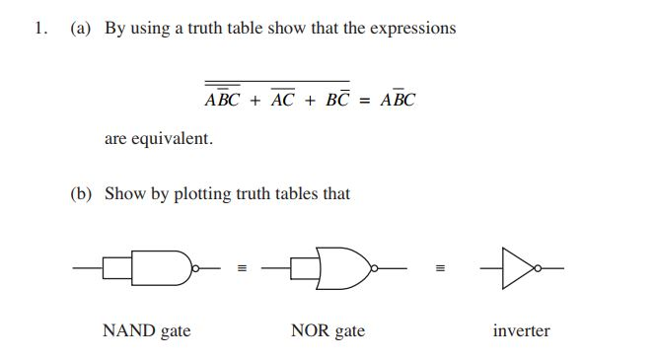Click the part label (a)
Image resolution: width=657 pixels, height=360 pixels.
tap(80, 28)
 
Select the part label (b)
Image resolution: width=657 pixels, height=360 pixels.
tap(80, 193)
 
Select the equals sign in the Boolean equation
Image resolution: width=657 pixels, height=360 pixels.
tap(363, 101)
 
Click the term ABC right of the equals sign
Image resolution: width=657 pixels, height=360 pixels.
tap(396, 100)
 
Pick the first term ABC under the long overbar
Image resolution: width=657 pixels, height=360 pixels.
tap(223, 100)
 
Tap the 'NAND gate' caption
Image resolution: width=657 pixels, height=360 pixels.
tap(146, 330)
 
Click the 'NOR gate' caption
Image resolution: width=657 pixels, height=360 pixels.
tap(328, 330)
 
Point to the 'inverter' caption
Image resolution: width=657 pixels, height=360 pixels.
tap(521, 330)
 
